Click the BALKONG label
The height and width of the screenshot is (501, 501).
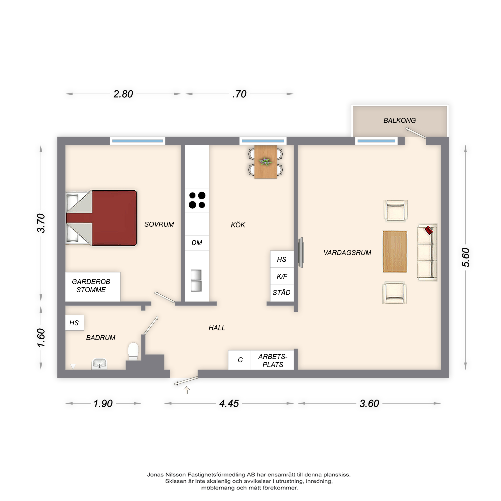[x=399, y=120]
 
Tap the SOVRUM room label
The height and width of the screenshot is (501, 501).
[x=159, y=224]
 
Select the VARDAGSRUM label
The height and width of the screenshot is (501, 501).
[x=347, y=253]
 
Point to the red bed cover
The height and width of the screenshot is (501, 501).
[x=114, y=218]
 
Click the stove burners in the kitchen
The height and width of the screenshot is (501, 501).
[x=197, y=200]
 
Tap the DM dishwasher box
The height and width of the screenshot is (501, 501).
[x=197, y=243]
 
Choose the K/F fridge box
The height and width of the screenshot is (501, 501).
[x=282, y=276]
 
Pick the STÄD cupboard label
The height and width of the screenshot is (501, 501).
[x=281, y=293]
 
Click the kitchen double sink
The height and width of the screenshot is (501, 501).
[x=196, y=281]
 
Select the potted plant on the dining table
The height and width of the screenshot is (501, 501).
[x=265, y=162]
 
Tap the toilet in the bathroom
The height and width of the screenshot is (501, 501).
[x=133, y=352]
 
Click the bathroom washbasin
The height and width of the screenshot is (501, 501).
[x=99, y=363]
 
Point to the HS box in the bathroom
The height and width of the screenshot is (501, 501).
[x=74, y=323]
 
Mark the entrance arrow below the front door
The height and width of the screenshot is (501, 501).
[x=187, y=390]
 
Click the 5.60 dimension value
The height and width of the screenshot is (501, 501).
[x=465, y=257]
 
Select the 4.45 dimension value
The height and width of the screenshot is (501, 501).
[x=229, y=404]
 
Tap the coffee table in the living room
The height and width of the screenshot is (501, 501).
[x=395, y=252]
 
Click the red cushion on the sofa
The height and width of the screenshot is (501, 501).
[x=429, y=230]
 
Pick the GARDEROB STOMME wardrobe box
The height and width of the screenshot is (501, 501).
[x=93, y=287]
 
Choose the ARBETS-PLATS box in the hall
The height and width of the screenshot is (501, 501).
[x=272, y=360]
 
